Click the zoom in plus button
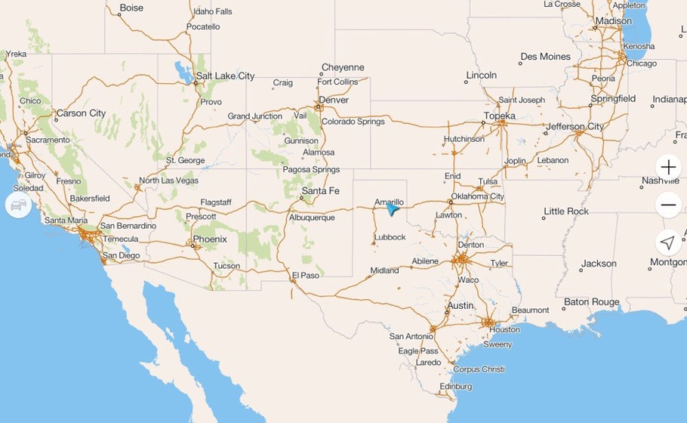pyautogui.click(x=668, y=167)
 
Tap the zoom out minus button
pyautogui.click(x=668, y=205)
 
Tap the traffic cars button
pyautogui.click(x=18, y=205)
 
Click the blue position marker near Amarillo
pyautogui.click(x=391, y=210)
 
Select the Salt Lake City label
pyautogui.click(x=224, y=76)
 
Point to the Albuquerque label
pyautogui.click(x=312, y=218)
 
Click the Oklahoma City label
pyautogui.click(x=477, y=196)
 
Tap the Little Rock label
pyautogui.click(x=566, y=211)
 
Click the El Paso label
pyautogui.click(x=305, y=276)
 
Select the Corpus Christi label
pyautogui.click(x=479, y=369)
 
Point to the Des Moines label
pyautogui.click(x=545, y=57)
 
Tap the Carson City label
pyautogui.click(x=81, y=113)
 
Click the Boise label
pyautogui.click(x=131, y=8)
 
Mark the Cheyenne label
pyautogui.click(x=343, y=67)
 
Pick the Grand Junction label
pyautogui.click(x=255, y=116)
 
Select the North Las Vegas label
pyautogui.click(x=168, y=181)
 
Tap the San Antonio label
pyautogui.click(x=411, y=336)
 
